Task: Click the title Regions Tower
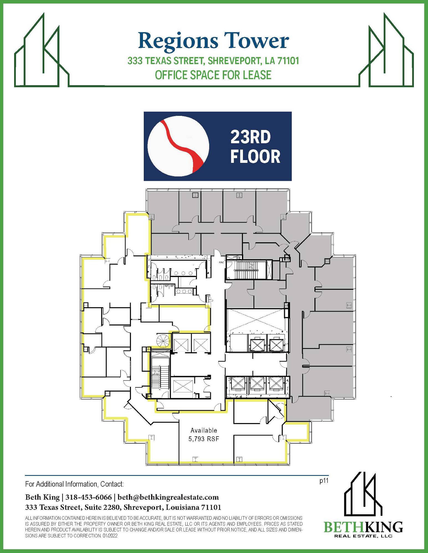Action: (213, 41)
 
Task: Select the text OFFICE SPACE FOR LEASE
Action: (213, 75)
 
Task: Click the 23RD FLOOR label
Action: (255, 147)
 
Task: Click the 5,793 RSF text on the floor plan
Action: (204, 439)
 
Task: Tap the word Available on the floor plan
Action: (204, 430)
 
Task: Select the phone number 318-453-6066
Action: (89, 497)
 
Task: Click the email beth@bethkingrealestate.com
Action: (168, 497)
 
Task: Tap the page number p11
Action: (324, 481)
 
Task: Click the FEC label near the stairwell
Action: (221, 262)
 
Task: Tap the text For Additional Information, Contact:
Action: (75, 484)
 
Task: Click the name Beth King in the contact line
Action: (42, 497)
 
